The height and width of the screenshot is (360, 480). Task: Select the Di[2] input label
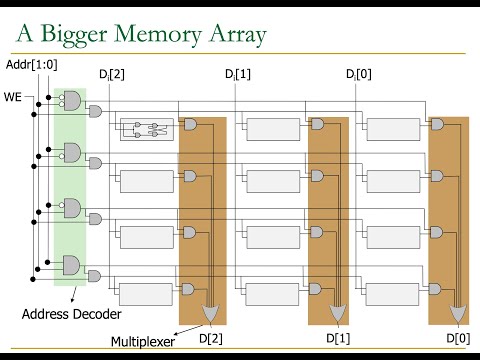112,76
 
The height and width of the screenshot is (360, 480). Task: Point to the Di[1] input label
237,76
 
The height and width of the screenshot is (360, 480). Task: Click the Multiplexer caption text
141,340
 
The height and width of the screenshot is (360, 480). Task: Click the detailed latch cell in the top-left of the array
147,129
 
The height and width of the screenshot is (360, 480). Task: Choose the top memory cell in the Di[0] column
392,129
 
